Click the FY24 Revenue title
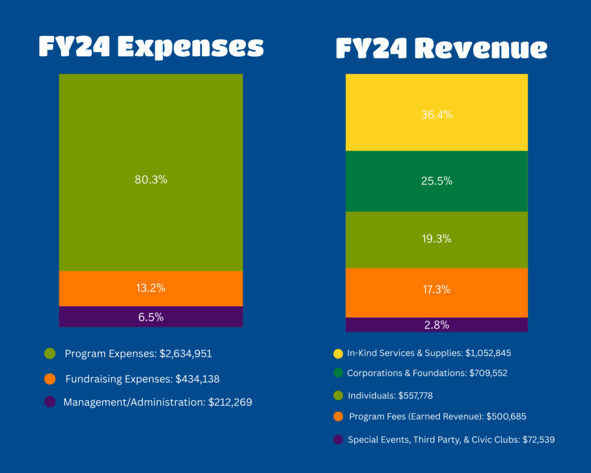442,49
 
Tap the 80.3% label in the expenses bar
151,180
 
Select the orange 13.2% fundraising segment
151,288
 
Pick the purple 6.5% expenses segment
151,316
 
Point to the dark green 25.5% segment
437,181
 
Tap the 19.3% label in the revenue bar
437,239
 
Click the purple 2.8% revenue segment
437,325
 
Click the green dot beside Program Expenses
50,353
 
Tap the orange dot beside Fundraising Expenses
50,379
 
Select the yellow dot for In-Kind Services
338,353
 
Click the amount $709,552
488,373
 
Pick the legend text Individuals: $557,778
390,396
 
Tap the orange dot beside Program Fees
338,416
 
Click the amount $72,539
538,440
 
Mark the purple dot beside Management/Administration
50,402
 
